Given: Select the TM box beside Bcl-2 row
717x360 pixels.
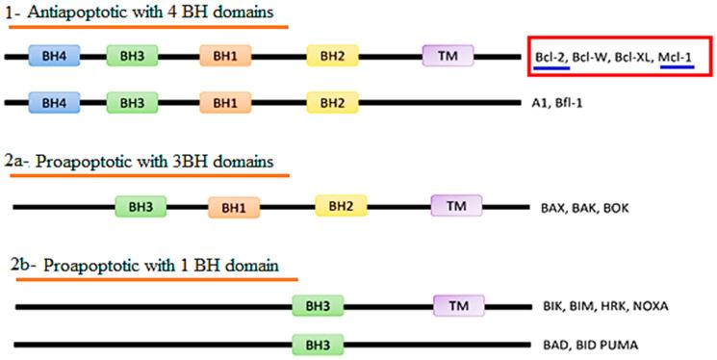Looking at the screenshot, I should tap(448, 56).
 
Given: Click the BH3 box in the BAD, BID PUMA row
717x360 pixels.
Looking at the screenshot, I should tap(318, 344).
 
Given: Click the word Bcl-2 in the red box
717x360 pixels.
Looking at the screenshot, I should tap(551, 58).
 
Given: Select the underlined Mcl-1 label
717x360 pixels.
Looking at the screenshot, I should tap(677, 58).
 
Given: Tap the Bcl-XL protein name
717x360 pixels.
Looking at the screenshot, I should tap(630, 58).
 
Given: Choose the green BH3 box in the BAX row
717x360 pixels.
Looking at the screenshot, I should tap(141, 205).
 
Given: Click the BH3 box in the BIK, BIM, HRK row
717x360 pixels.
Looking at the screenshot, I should tap(318, 305).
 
